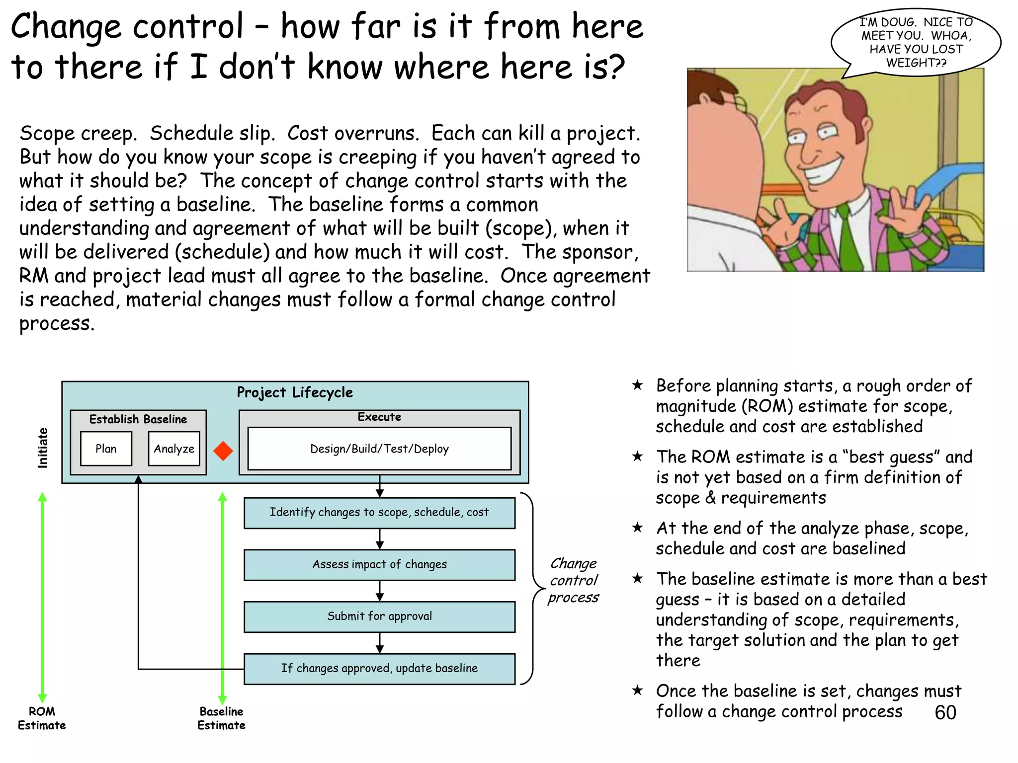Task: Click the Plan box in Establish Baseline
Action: [x=106, y=449]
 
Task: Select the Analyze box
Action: [x=174, y=449]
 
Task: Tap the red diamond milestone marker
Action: [x=223, y=451]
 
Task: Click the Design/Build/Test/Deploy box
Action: [x=379, y=449]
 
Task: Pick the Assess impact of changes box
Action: [x=379, y=564]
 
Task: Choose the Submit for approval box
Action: [x=379, y=616]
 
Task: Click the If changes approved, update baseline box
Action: [x=379, y=669]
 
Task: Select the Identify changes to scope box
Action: [x=379, y=513]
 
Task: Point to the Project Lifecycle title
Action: [x=295, y=392]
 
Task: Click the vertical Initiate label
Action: [x=43, y=448]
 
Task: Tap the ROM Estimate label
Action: [x=42, y=718]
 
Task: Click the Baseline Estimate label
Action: [x=221, y=718]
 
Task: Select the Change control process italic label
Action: [x=574, y=580]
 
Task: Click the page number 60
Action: [x=945, y=712]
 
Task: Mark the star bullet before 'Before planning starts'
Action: [x=637, y=385]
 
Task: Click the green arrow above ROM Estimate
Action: [x=43, y=596]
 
